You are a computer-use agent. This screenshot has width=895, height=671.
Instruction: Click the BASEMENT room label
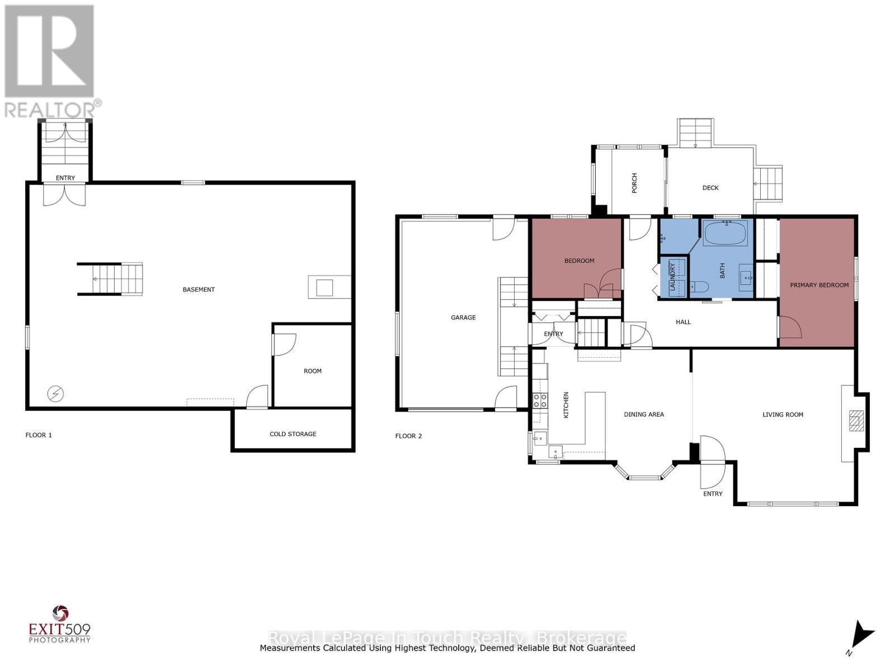(x=199, y=290)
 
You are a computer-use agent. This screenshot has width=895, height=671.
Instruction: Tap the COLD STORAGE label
(x=293, y=434)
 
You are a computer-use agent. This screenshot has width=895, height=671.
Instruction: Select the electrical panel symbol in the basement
(x=55, y=394)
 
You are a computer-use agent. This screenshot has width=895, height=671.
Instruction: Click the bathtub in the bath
(x=726, y=233)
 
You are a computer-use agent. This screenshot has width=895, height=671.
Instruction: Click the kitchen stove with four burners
(x=540, y=400)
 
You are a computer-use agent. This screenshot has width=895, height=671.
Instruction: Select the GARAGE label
(x=463, y=318)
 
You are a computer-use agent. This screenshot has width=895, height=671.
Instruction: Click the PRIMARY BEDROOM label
(x=819, y=285)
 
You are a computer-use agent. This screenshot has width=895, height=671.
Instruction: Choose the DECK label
(x=710, y=188)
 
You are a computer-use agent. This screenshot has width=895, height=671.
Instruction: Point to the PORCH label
(x=634, y=183)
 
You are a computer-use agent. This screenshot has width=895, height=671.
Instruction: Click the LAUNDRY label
(x=672, y=277)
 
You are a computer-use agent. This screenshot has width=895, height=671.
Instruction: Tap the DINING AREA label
(x=644, y=414)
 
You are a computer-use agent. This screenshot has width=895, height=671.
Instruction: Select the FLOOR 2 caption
(x=408, y=436)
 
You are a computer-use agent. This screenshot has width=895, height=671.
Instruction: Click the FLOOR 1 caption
(x=39, y=435)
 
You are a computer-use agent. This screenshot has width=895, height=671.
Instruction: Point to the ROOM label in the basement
(x=312, y=371)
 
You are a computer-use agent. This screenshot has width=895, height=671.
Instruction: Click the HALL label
(x=684, y=322)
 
